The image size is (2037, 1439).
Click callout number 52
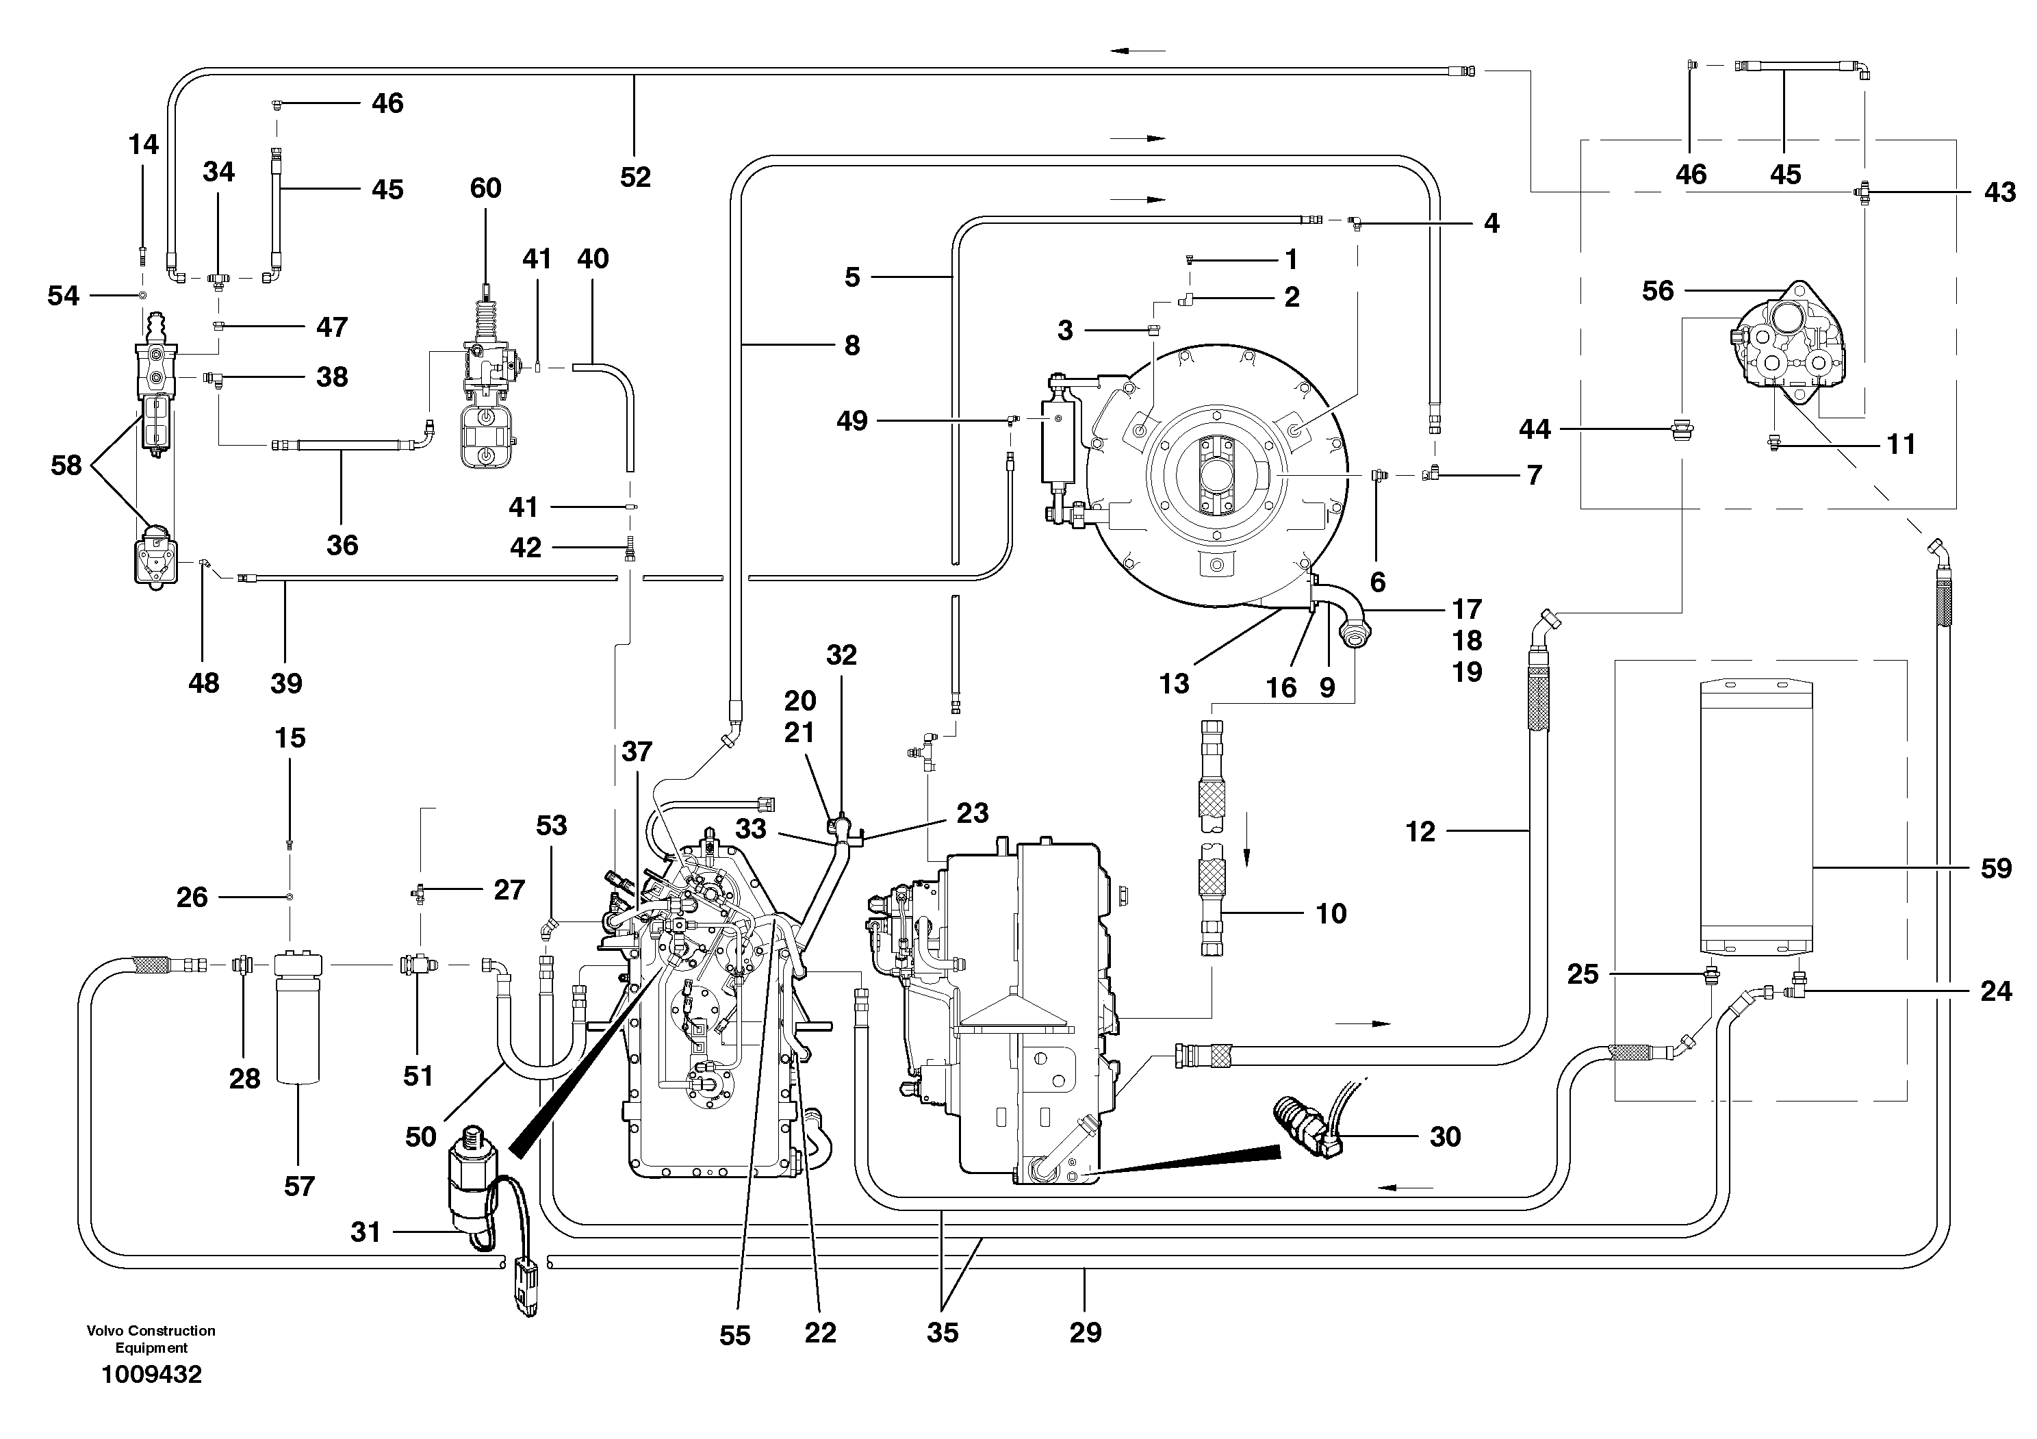(635, 177)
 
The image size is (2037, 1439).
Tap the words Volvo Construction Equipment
(151, 1339)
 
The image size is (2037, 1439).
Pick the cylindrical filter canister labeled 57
(299, 1019)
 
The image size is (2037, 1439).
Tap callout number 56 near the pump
(1657, 290)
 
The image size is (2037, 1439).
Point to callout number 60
(485, 188)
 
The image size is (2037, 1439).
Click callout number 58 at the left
(66, 465)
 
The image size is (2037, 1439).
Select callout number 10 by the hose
(1331, 913)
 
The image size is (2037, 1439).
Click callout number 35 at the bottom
(943, 1332)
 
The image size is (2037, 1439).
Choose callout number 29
(1085, 1332)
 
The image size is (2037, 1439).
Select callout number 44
(1534, 429)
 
